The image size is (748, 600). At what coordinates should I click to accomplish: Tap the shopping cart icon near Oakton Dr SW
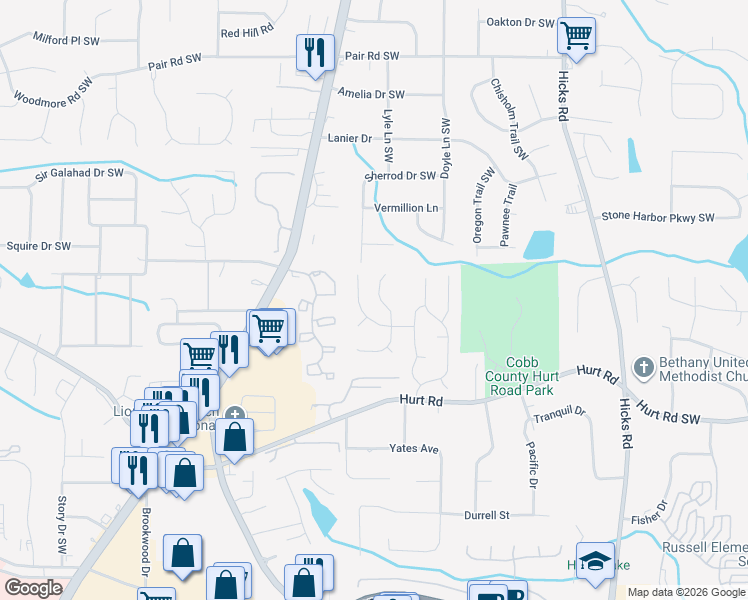[576, 37]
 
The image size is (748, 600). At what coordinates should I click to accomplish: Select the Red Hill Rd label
[246, 33]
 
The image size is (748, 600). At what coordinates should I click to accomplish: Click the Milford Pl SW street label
[66, 40]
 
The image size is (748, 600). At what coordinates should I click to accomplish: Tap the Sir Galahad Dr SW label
[79, 173]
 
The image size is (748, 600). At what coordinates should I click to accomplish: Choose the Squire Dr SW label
[39, 246]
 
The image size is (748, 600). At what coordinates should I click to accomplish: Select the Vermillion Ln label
[406, 208]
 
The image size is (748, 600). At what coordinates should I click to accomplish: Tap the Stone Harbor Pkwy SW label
[658, 217]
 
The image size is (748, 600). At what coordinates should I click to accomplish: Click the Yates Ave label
[414, 449]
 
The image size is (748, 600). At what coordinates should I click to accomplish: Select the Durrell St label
[487, 516]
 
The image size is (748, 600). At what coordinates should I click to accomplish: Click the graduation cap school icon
[595, 562]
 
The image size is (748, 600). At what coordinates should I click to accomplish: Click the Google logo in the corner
[33, 588]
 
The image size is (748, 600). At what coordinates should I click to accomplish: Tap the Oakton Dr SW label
[520, 22]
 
